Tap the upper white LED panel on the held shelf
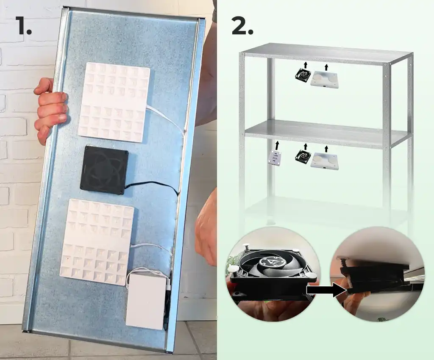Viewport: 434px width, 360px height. (114, 102)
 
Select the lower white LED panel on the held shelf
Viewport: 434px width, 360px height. (97, 241)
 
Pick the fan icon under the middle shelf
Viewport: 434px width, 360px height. (303, 158)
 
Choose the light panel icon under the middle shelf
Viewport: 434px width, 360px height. (325, 161)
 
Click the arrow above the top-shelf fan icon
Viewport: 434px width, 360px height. (305, 65)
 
